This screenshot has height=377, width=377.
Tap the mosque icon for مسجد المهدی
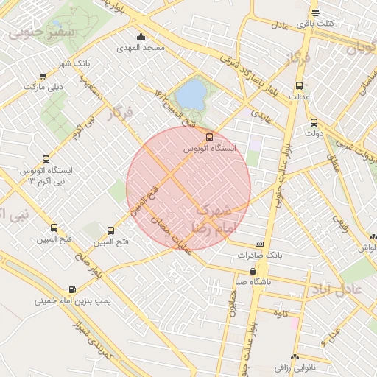click(141, 37)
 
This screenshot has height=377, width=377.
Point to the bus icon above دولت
click(314, 122)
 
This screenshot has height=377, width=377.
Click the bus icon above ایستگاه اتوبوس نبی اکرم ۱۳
click(46, 159)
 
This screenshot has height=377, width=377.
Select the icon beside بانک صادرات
click(259, 244)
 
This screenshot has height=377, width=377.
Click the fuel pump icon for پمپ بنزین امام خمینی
click(72, 289)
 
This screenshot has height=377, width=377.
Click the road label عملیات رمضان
click(171, 236)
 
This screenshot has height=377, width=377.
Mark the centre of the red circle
click(188, 188)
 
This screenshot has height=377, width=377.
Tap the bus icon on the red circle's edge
click(209, 137)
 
